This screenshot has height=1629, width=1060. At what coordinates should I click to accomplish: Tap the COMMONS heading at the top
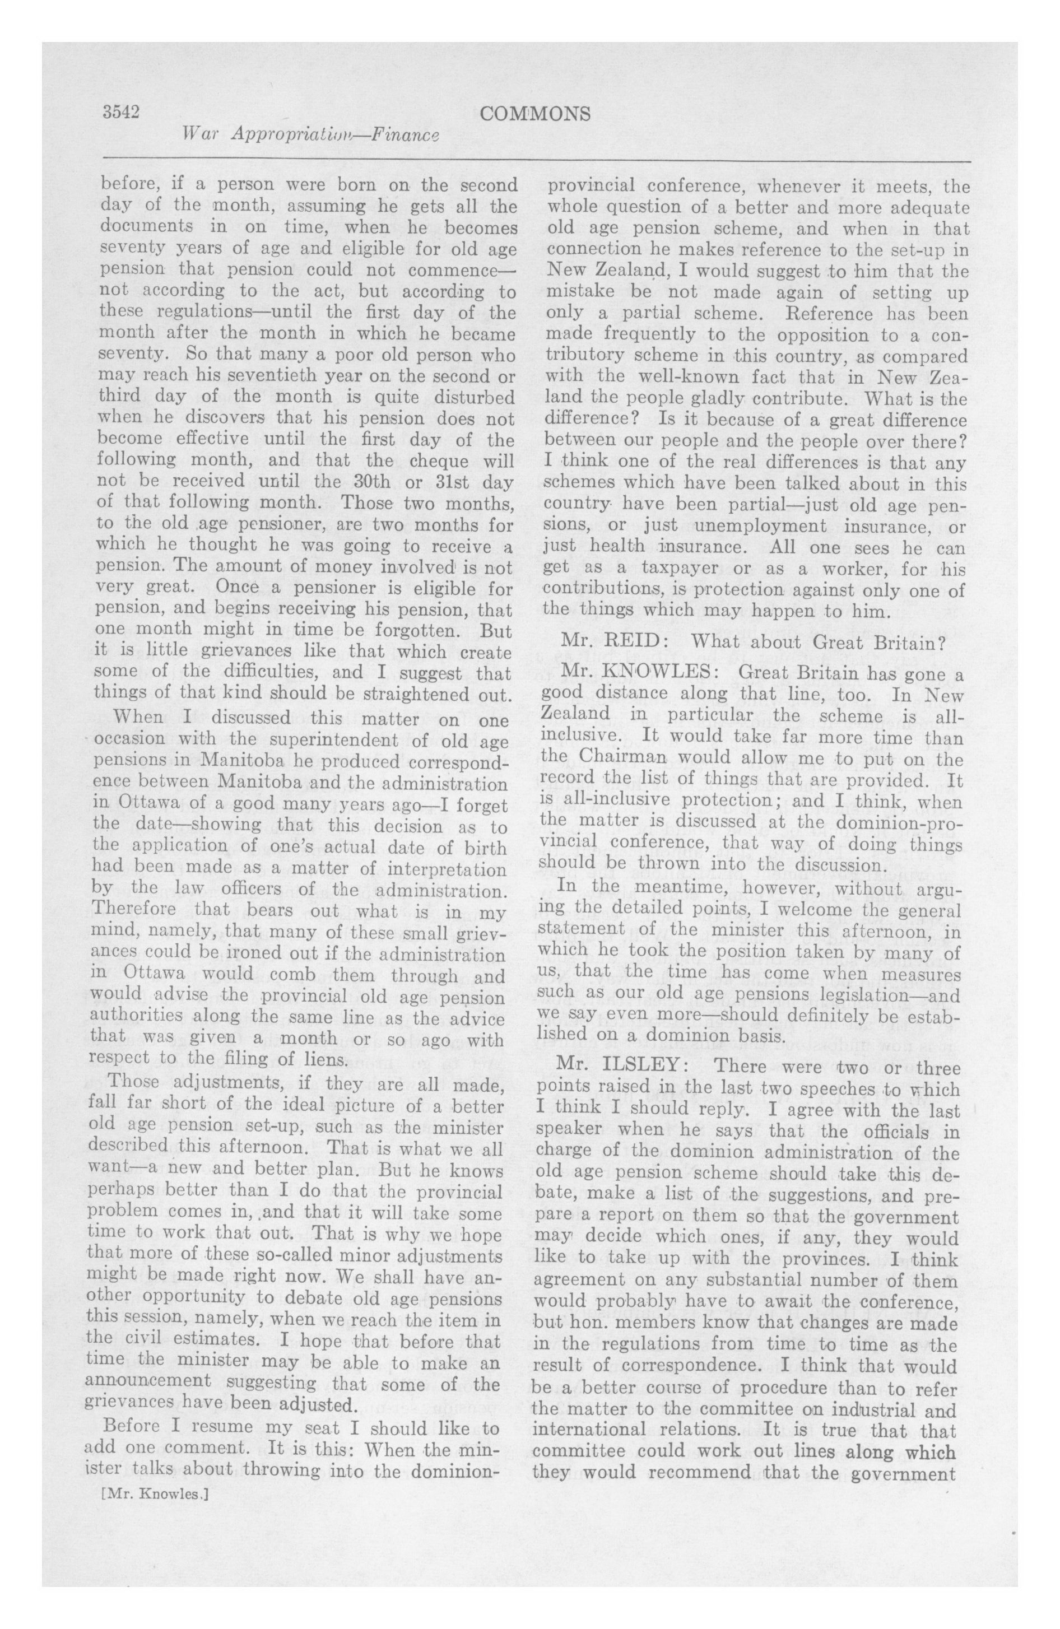(x=535, y=114)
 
